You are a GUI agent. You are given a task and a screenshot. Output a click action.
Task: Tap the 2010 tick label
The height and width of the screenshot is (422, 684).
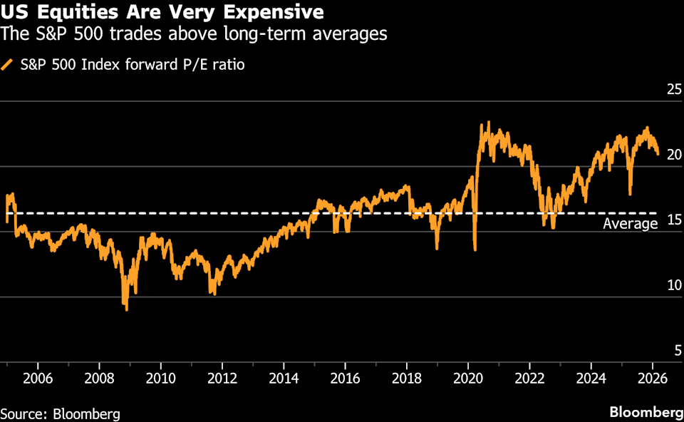pos(160,378)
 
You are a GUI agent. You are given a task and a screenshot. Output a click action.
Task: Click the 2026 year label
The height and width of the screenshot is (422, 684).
pos(652,378)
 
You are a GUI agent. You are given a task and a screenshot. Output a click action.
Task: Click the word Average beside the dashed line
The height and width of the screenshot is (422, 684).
pos(630,224)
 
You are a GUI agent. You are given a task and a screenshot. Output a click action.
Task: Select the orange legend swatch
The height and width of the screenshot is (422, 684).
pos(7,65)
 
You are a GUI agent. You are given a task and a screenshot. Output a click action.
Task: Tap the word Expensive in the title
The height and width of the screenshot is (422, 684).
pos(271,12)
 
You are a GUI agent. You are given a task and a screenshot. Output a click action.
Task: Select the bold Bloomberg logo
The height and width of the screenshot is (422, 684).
pos(645,413)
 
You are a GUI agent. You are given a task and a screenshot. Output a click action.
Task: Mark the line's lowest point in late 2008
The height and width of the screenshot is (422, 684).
pos(126,309)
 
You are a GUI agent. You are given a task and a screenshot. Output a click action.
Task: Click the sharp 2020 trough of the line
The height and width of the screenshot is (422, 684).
pos(475,249)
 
